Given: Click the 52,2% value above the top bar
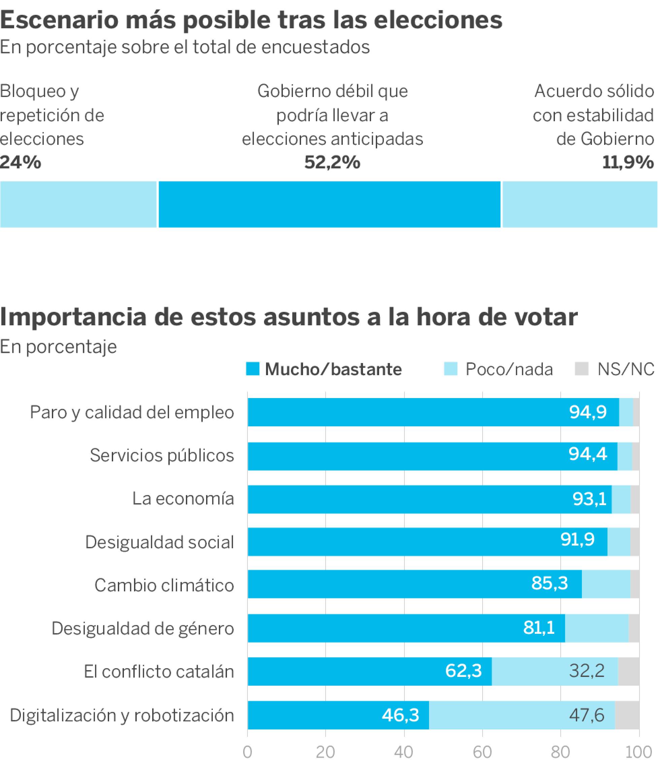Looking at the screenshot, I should [332, 162].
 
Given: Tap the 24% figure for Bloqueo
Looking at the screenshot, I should [21, 162].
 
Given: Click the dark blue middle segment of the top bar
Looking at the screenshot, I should [329, 204].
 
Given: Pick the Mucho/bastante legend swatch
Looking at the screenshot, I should [253, 369].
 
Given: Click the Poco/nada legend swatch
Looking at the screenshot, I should [451, 369].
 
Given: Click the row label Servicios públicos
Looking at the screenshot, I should [162, 455].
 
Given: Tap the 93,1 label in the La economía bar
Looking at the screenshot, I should [589, 499].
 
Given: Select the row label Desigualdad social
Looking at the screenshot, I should [159, 542].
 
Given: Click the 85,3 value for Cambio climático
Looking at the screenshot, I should [549, 583].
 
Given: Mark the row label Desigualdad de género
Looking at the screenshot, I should [142, 628].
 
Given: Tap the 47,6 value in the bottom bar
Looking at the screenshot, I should [586, 715].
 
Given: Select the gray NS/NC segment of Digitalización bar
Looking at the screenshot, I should [627, 715].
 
